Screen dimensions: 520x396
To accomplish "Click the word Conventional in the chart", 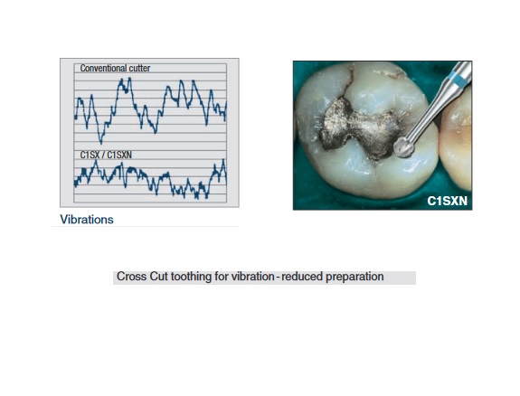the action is pos(101,69).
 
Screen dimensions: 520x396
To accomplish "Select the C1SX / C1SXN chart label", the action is pos(106,155).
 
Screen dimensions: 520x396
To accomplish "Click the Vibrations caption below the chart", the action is pos(87,220).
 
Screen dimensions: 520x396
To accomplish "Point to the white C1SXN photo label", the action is pos(447,201).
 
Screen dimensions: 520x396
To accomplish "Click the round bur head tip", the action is pos(403,147).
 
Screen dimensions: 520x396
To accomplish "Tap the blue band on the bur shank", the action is pos(457,81).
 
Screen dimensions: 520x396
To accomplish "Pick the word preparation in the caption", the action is pos(355,277).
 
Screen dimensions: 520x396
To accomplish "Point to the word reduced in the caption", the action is pos(302,277).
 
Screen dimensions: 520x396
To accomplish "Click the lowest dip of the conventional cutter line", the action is pos(101,143).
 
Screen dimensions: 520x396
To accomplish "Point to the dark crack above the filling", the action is pos(348,83).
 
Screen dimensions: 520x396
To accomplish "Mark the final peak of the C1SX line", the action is pos(223,160).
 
